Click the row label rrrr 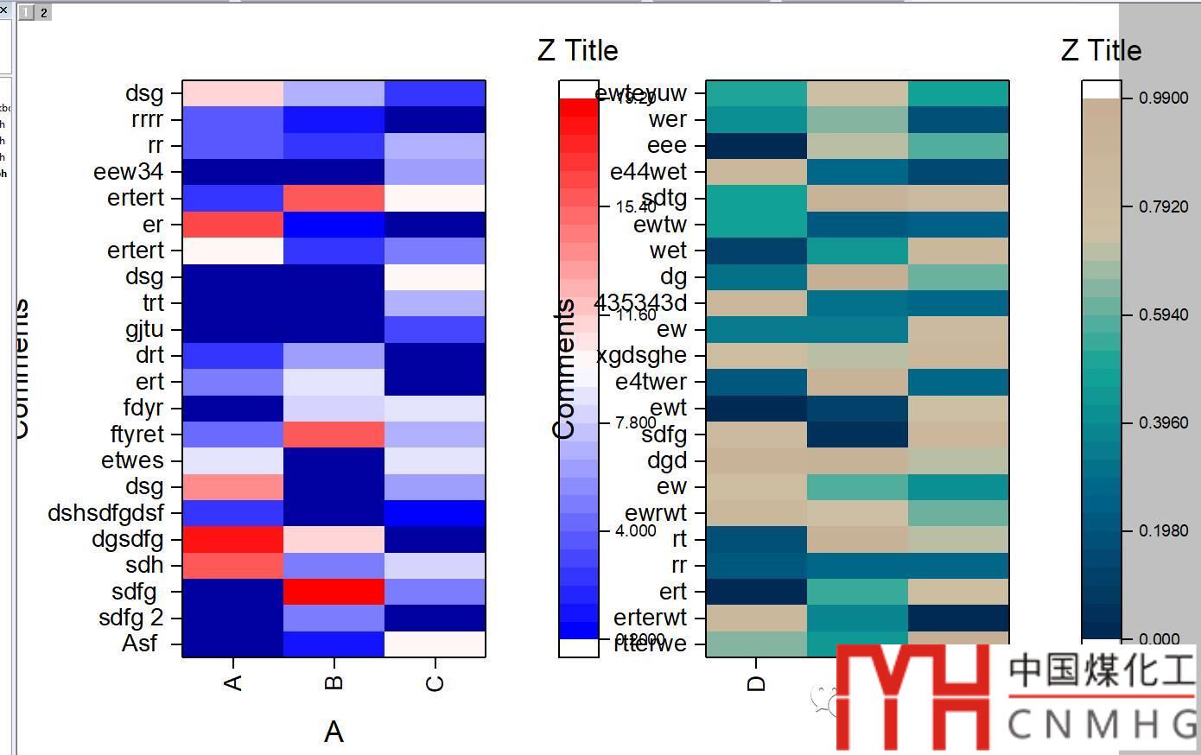146,119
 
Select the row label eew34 128,172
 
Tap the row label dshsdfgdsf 105,513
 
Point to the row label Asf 140,644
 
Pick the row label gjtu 143,329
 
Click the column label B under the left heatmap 334,682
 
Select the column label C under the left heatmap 435,682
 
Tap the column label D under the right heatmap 756,683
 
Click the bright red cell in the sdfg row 334,592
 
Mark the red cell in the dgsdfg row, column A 232,540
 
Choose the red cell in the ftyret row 334,435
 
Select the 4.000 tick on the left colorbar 635,530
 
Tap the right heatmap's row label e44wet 648,172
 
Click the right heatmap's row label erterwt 650,618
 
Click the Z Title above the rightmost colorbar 1101,50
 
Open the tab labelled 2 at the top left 43,12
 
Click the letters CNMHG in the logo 1102,725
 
